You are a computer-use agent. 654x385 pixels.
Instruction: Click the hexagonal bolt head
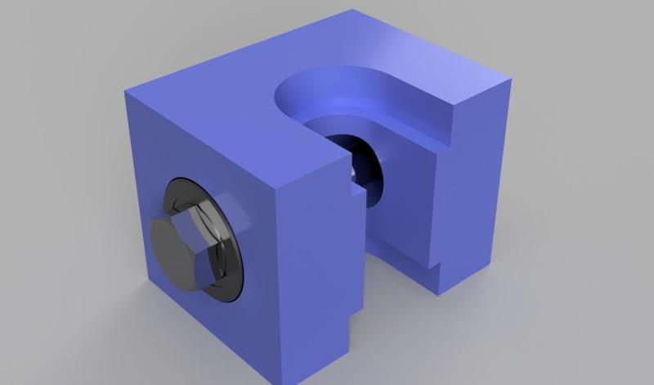click(186, 247)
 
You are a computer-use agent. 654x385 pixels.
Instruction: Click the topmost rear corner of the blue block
click(353, 11)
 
